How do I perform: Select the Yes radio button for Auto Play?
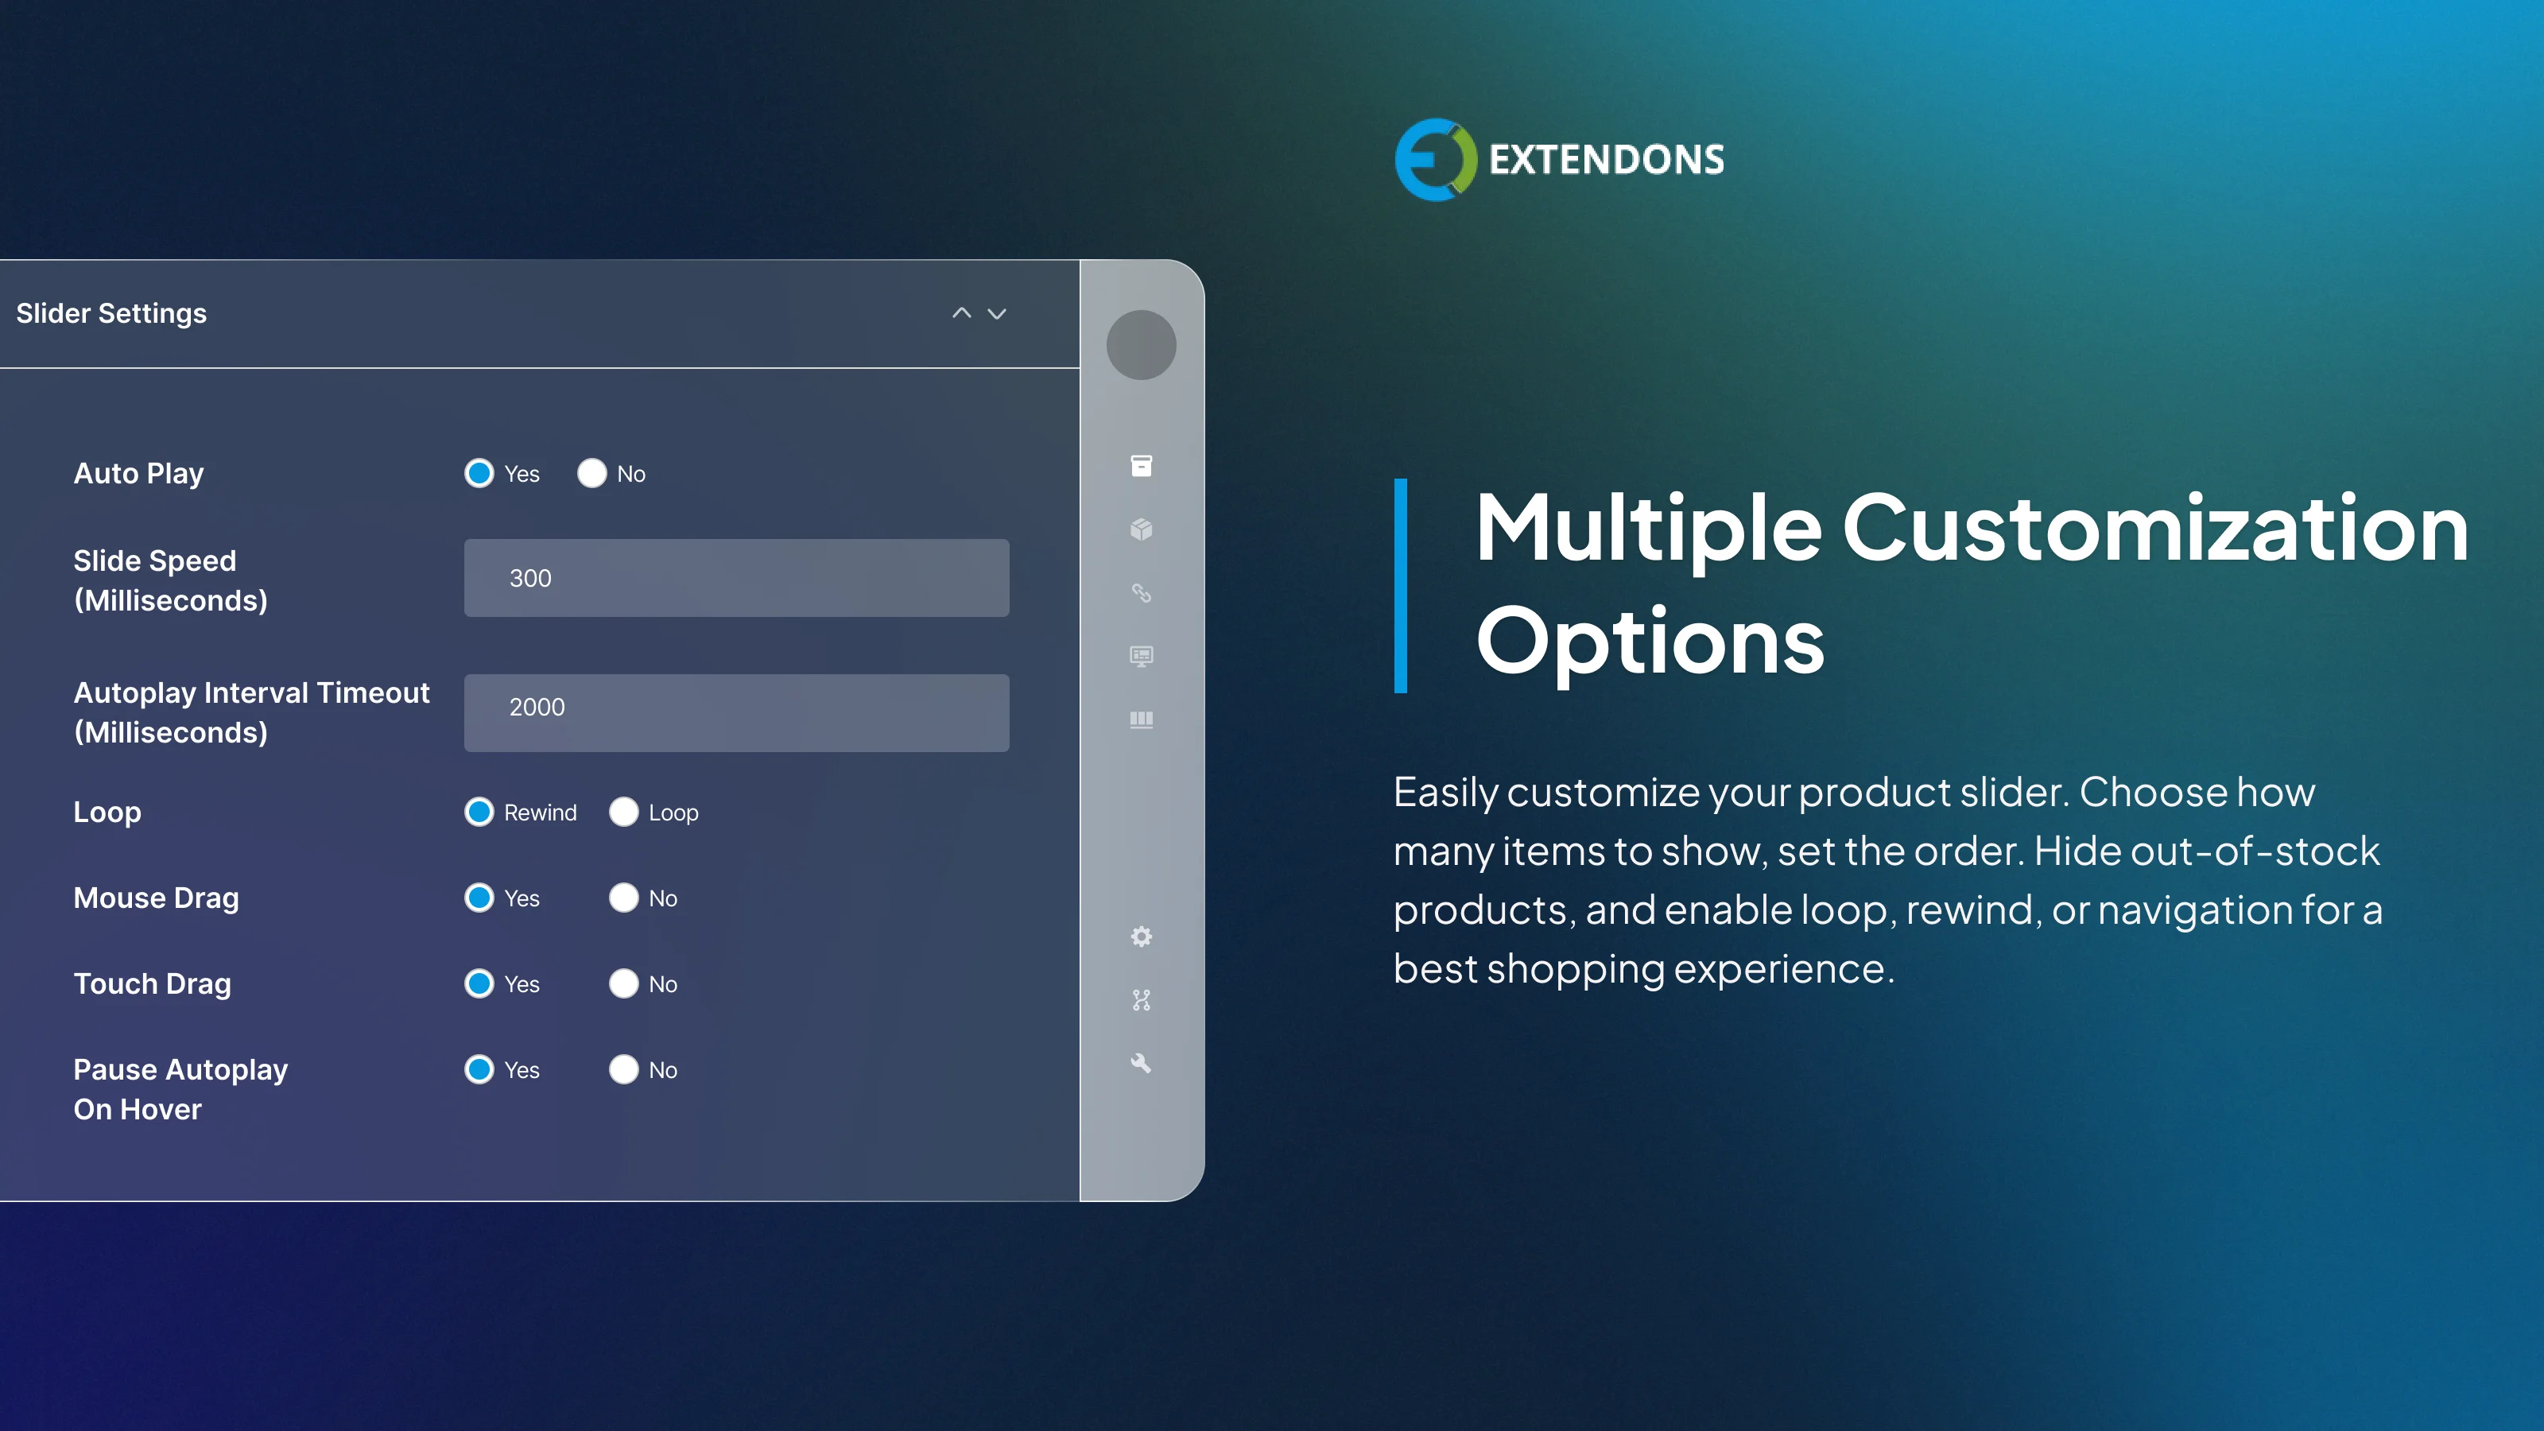[479, 473]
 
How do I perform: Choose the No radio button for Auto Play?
[591, 473]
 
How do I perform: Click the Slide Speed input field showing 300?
[735, 578]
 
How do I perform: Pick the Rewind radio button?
[479, 812]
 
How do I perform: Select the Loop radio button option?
[623, 812]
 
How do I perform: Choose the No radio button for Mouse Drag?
[623, 898]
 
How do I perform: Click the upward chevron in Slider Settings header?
[961, 313]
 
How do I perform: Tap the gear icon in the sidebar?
[1141, 937]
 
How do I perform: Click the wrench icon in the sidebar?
[1141, 1063]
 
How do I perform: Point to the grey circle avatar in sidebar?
[1141, 345]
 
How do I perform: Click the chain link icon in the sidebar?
[1141, 592]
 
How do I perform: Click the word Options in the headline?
[1650, 642]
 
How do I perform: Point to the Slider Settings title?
[111, 313]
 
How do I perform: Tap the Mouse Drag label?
[156, 898]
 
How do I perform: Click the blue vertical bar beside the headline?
[1400, 586]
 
